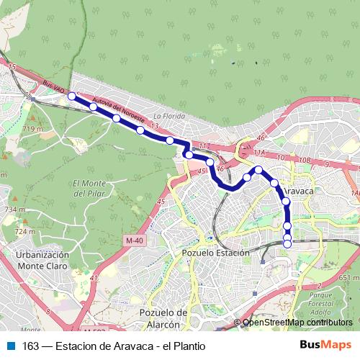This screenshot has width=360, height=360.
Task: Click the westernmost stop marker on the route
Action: pos(71,96)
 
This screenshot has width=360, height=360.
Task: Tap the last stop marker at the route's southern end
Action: pos(287,243)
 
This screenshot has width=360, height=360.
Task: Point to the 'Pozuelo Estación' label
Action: pos(215,253)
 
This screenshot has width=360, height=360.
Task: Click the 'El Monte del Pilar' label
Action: pos(91,189)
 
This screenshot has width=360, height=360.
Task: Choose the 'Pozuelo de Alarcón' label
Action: pos(163,318)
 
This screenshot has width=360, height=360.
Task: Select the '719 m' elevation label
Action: pos(33,128)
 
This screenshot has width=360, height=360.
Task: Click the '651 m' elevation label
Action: pos(348,277)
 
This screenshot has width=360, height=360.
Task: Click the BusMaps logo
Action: pos(326,345)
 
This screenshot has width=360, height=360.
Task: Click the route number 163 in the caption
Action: pos(31,346)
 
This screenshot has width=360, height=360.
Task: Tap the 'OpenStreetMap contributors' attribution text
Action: pos(297,322)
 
